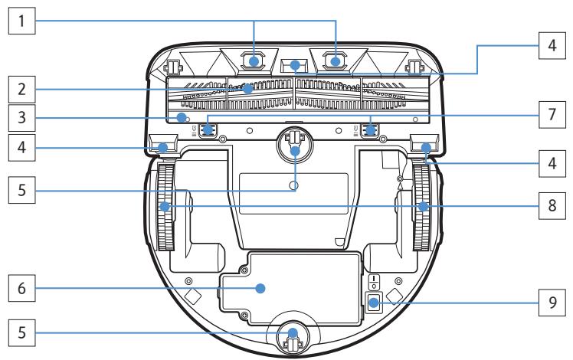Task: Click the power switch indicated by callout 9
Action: pos(373,303)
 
